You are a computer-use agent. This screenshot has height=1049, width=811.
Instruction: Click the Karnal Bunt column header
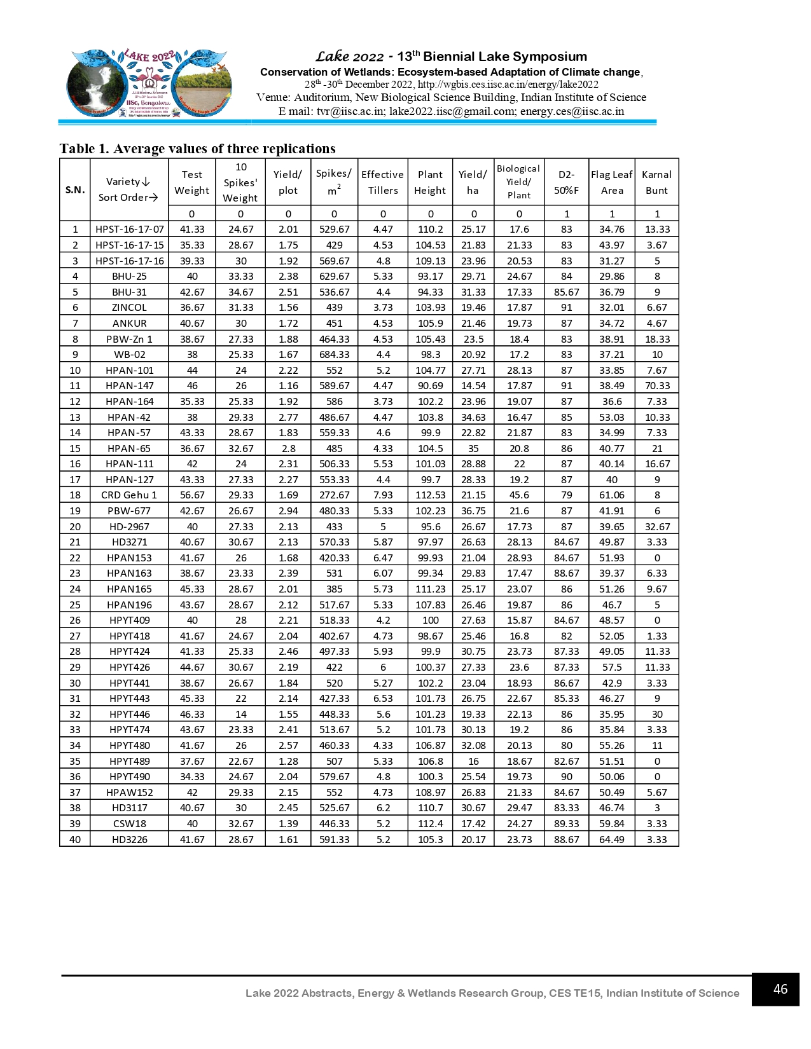(x=656, y=182)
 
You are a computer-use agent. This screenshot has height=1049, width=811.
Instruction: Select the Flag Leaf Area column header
(x=611, y=182)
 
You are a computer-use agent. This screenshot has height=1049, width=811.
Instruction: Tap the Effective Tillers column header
(x=382, y=182)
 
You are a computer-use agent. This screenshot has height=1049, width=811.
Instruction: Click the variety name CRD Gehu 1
(x=129, y=495)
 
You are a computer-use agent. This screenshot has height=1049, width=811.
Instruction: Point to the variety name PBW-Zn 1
(x=129, y=339)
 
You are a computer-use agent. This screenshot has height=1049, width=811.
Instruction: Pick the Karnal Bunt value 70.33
(x=656, y=386)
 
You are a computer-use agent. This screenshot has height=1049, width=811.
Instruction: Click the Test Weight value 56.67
(x=192, y=495)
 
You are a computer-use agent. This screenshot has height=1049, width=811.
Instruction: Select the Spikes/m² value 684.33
(x=334, y=355)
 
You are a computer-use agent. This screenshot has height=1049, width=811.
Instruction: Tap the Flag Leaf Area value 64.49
(x=611, y=840)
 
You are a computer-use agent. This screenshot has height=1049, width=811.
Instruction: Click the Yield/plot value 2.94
(x=288, y=511)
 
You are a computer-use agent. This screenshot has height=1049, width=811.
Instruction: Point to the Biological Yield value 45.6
(x=519, y=495)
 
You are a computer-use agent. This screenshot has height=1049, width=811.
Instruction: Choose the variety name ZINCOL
(x=129, y=308)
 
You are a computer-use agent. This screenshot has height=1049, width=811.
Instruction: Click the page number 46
(x=780, y=989)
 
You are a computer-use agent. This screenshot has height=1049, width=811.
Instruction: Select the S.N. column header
(x=75, y=189)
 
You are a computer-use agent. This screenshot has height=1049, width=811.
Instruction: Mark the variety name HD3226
(x=129, y=840)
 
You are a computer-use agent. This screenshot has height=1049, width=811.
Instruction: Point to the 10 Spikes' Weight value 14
(x=241, y=715)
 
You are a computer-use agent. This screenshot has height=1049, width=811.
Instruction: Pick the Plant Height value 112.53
(x=430, y=495)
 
